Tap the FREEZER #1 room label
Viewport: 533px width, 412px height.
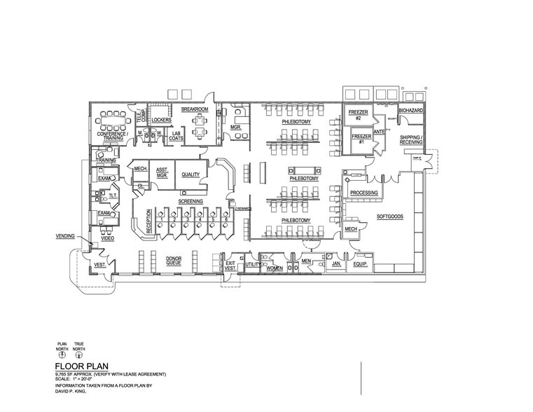[361, 137]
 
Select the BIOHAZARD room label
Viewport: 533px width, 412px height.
[410, 111]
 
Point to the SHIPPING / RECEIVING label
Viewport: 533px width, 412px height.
[410, 139]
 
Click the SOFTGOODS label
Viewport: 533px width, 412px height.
[390, 217]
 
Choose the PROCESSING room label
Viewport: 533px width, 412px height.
[364, 193]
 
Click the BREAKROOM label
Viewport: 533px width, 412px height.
[195, 109]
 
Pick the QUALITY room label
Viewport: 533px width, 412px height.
[191, 174]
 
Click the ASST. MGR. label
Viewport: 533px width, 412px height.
[161, 172]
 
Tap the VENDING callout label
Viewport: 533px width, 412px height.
[65, 237]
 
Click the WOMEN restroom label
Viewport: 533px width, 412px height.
[274, 268]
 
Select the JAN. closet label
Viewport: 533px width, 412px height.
[336, 263]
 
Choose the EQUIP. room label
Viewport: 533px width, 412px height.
[360, 264]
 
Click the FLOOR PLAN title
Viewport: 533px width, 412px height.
[81, 366]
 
